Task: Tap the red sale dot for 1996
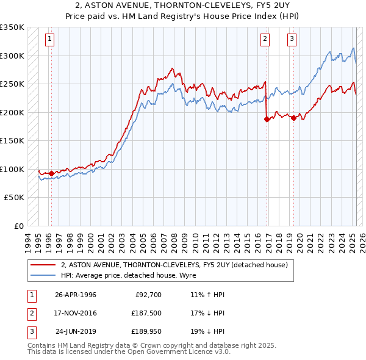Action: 51,173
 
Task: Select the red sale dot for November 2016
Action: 267,120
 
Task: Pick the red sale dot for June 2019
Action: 293,118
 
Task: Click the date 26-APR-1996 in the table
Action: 76,295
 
